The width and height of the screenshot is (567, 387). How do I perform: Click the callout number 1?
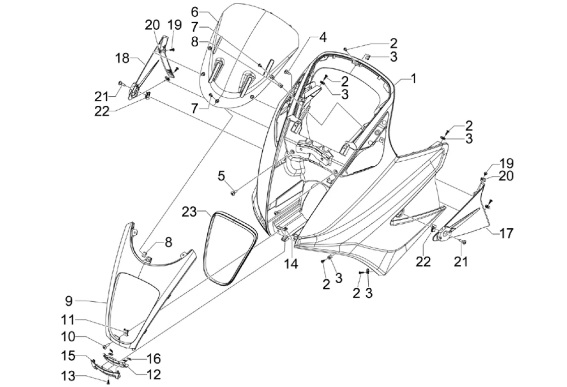coord(413,79)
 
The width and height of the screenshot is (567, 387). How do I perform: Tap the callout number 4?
coord(322,37)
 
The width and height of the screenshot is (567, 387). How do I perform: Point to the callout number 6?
coord(195,12)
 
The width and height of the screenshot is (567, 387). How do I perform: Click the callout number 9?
coord(69,301)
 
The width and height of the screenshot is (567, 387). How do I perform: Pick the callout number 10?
coord(69,337)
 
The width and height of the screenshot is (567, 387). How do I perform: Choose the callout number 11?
coord(68,320)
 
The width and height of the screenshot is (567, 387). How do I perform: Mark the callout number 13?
coord(68,376)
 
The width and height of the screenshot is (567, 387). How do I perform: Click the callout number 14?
coord(291,264)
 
